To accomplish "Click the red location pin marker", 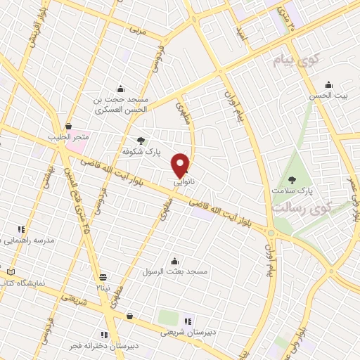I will [x=181, y=164].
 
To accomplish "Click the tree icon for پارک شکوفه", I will [x=141, y=141].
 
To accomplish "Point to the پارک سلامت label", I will [x=292, y=191].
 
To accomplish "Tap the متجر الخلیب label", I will [x=65, y=137].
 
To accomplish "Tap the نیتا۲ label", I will [x=103, y=287].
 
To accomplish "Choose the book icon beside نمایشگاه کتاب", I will [x=10, y=272].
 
